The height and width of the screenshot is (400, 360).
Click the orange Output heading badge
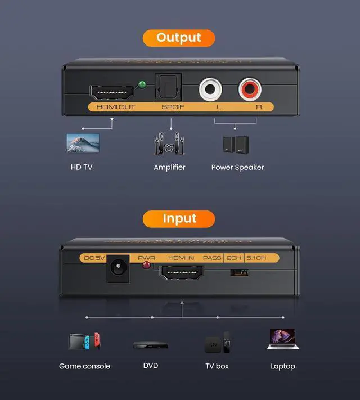tap(179, 38)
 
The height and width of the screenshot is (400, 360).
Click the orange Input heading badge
tap(179, 219)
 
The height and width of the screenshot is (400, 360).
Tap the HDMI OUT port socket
tap(111, 92)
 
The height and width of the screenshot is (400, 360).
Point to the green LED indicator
tap(142, 86)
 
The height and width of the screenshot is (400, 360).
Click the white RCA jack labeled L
tap(210, 89)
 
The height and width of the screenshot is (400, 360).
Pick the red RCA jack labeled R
tap(249, 89)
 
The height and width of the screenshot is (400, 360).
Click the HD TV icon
tap(83, 142)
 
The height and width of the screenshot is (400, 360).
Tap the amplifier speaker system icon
tap(169, 145)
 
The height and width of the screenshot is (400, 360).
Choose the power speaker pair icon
tap(236, 145)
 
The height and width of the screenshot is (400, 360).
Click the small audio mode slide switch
tap(239, 272)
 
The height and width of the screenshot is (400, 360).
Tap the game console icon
tap(84, 341)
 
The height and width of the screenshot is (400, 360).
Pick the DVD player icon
tap(150, 345)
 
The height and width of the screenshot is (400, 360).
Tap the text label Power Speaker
tap(237, 167)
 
